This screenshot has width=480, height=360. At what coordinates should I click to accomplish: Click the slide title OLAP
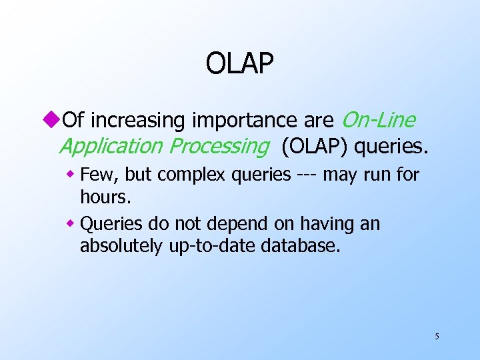coord(239,64)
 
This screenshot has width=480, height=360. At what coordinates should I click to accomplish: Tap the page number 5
coord(437,336)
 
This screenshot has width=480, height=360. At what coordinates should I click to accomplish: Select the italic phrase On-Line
coord(378,120)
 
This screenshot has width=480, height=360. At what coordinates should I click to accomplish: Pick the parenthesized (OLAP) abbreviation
coord(313,146)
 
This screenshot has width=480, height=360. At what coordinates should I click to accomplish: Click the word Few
coord(96,175)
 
